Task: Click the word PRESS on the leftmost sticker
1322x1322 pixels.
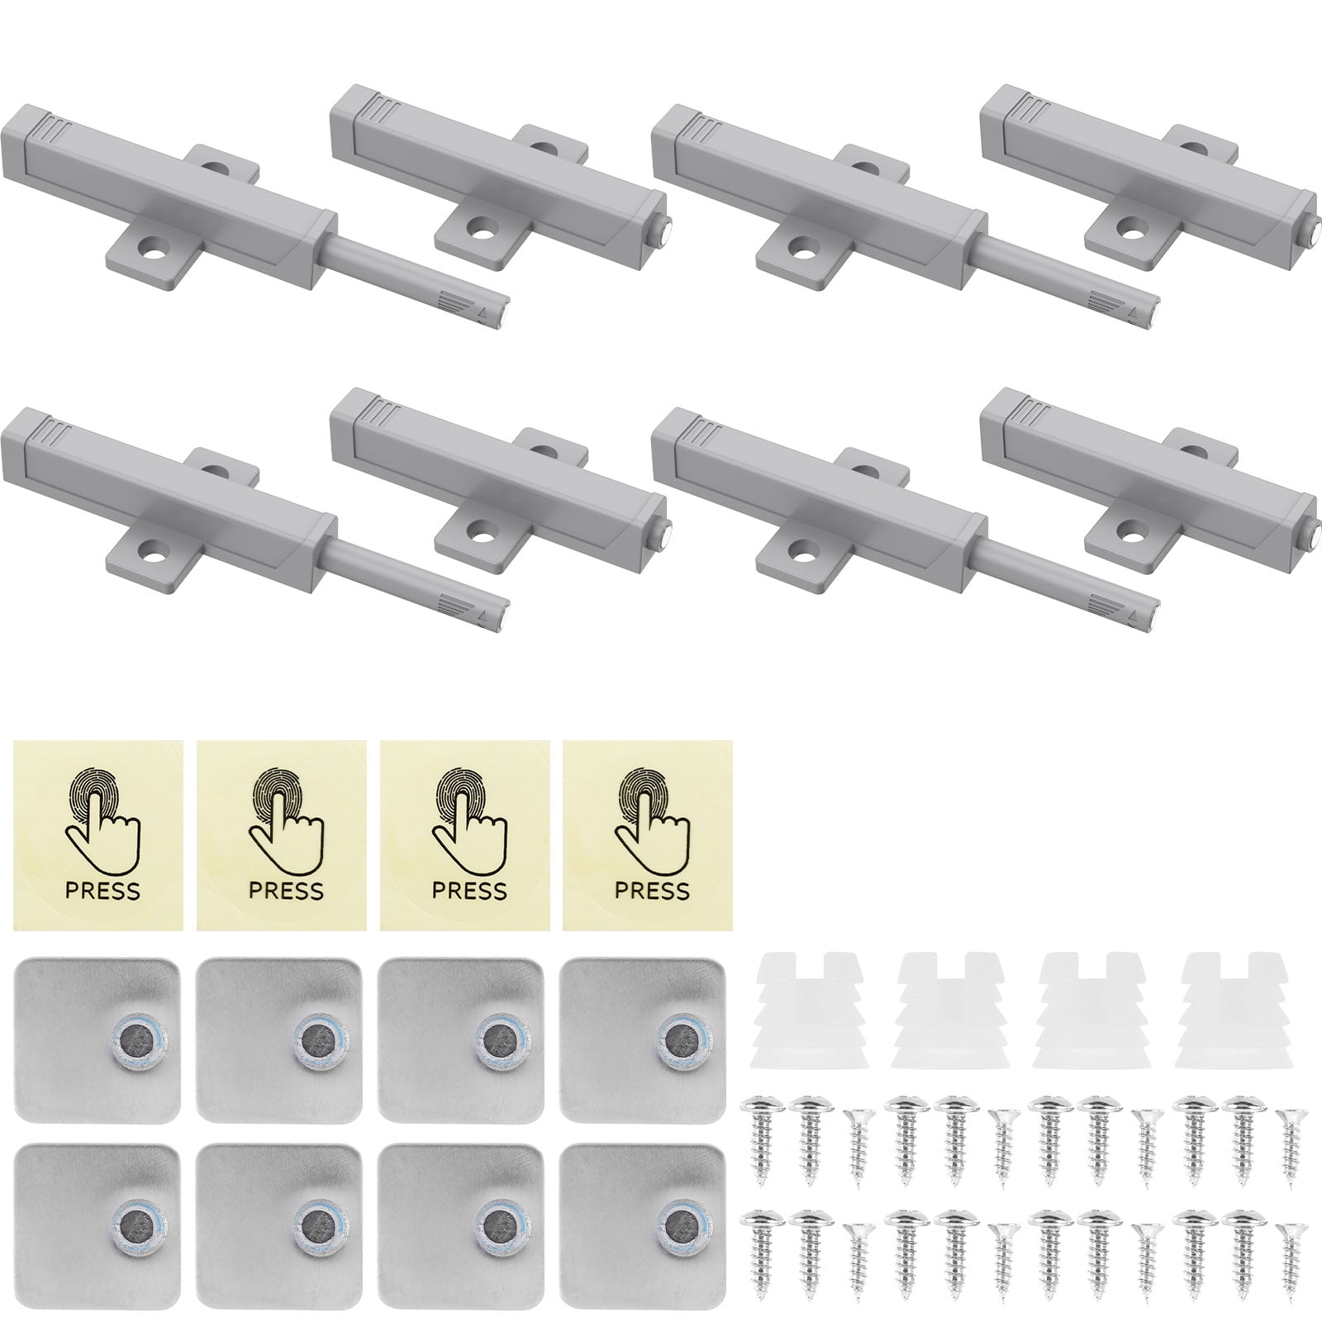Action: point(102,891)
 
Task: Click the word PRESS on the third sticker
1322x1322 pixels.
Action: point(469,891)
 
